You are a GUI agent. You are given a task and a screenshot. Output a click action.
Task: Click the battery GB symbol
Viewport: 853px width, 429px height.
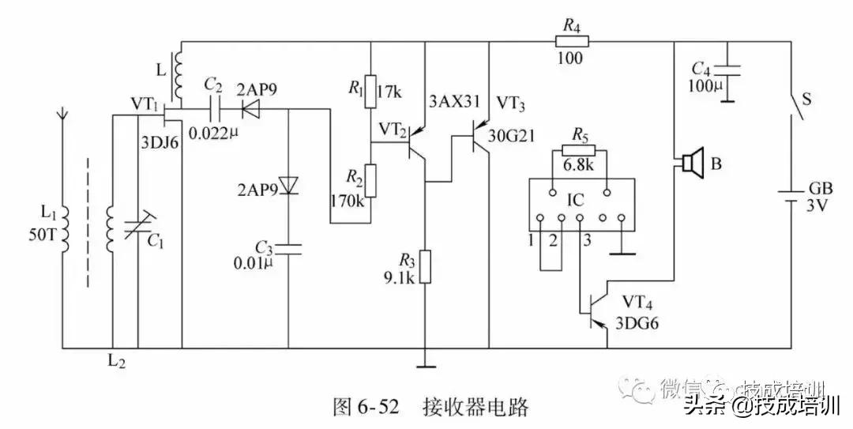pos(792,193)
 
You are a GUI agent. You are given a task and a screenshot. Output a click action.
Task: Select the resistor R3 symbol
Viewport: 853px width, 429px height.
pos(425,267)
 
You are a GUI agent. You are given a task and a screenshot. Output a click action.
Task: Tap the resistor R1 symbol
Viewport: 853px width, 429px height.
pos(370,93)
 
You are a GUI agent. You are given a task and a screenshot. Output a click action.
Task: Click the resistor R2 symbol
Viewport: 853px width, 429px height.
pos(370,181)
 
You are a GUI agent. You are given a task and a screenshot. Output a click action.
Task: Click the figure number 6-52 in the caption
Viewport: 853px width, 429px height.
pos(370,407)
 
